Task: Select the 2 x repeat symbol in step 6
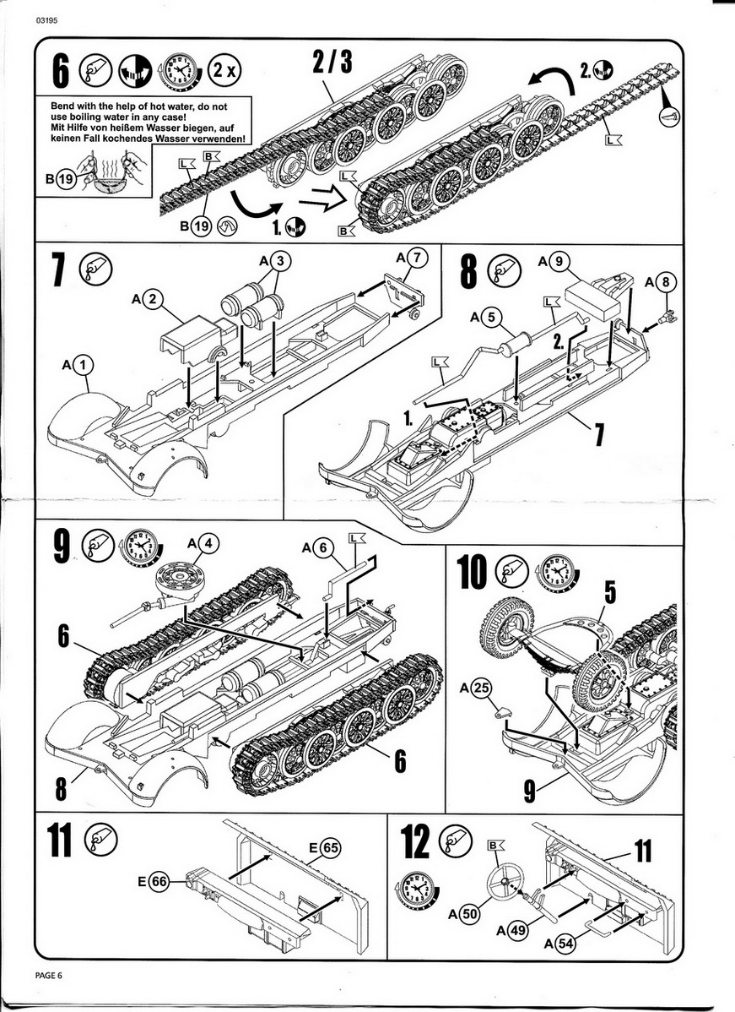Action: pos(225,68)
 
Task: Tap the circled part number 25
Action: pos(481,688)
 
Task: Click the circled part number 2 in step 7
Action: pos(152,298)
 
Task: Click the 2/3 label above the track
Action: pos(332,61)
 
